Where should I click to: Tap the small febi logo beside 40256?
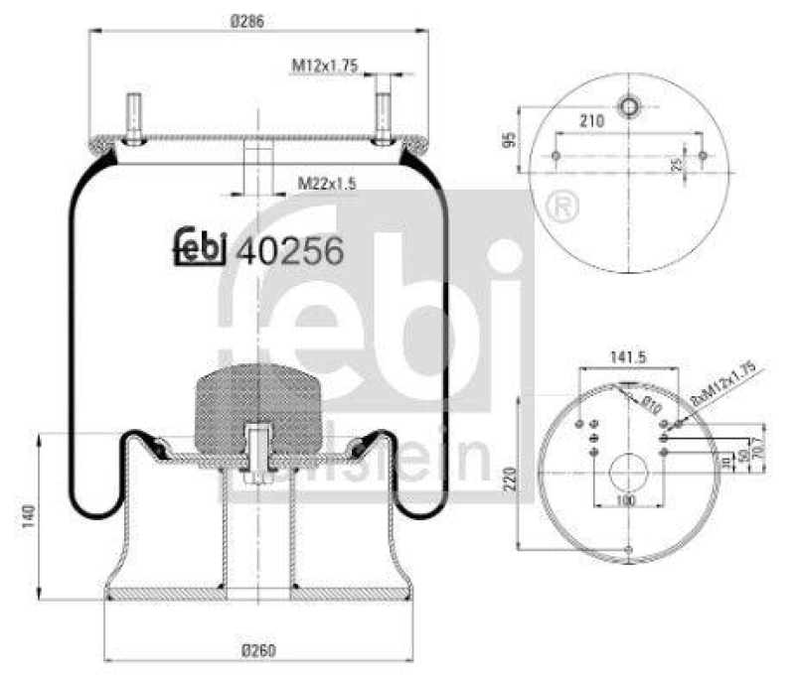[199, 248]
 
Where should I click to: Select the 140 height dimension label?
[29, 516]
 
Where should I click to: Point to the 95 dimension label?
[510, 138]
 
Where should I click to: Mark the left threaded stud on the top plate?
[132, 115]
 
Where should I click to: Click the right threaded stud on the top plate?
[382, 115]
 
